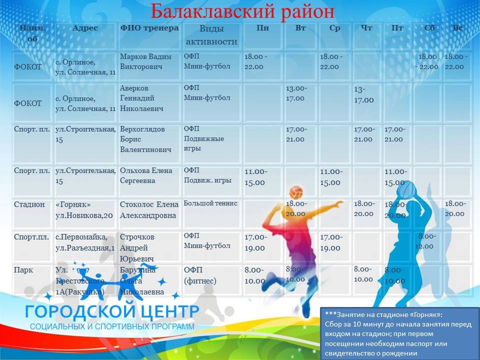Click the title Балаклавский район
[242, 10]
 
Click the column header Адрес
[85, 28]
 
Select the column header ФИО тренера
[149, 28]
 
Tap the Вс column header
[457, 28]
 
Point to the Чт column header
[366, 28]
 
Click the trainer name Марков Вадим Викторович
[145, 61]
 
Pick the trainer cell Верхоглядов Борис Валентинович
[146, 139]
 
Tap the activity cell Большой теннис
[210, 203]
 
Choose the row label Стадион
[29, 204]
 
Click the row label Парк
[23, 270]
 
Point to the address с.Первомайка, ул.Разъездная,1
[85, 241]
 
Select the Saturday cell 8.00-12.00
[426, 241]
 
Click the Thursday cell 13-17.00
[363, 94]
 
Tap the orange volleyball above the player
[296, 192]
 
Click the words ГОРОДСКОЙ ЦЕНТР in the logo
[112, 311]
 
